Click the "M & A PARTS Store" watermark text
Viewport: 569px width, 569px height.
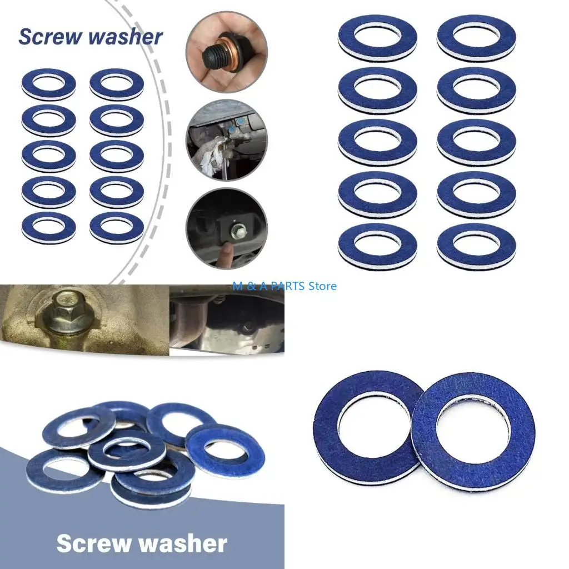click(285, 286)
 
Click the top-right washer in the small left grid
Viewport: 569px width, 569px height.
click(117, 84)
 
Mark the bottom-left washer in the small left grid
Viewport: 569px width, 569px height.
click(49, 227)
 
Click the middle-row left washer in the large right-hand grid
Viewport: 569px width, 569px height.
click(377, 142)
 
